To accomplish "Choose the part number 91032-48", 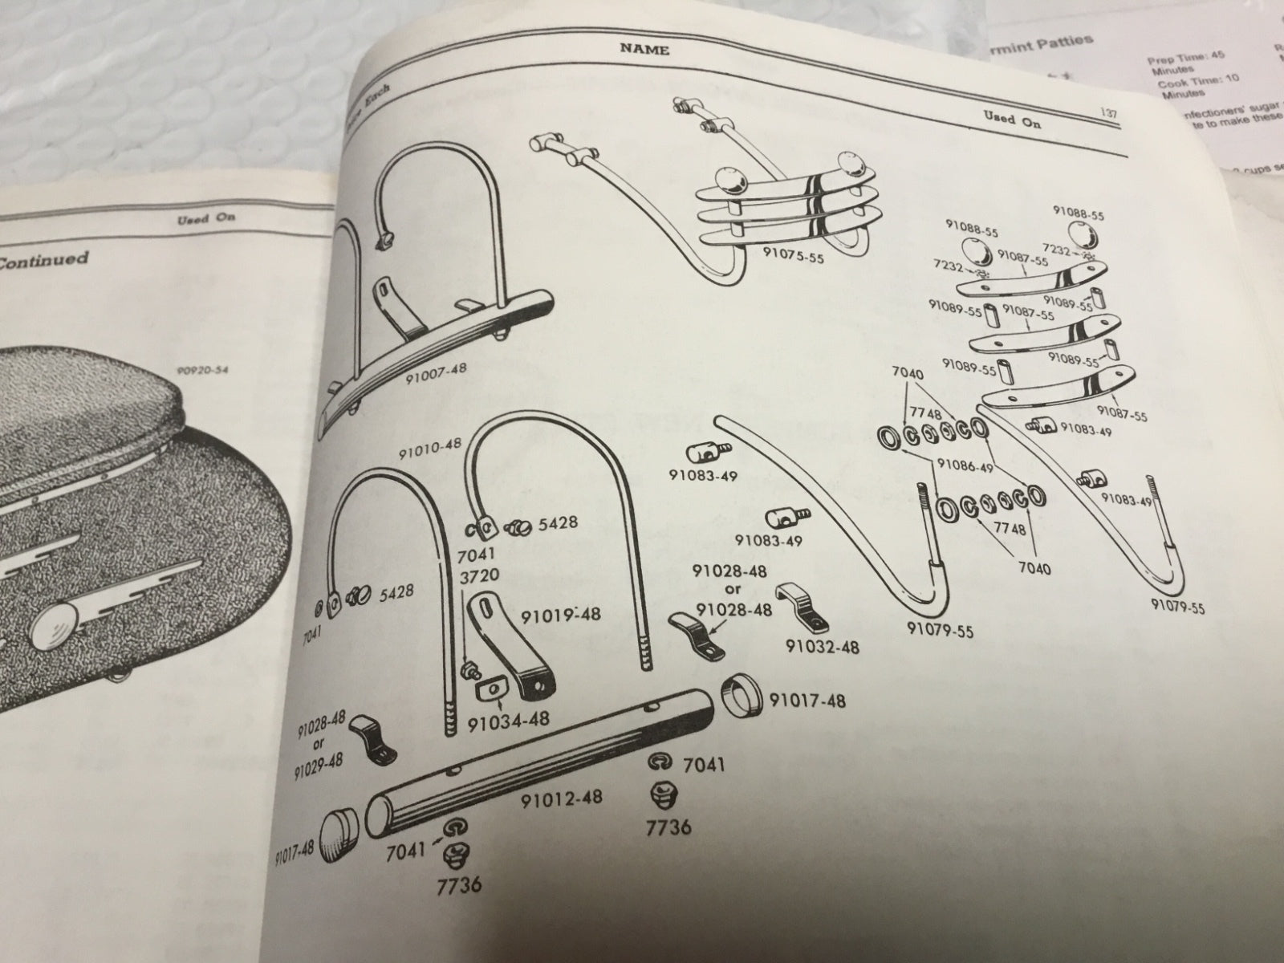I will (822, 646).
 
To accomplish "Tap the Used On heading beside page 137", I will (1012, 122).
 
